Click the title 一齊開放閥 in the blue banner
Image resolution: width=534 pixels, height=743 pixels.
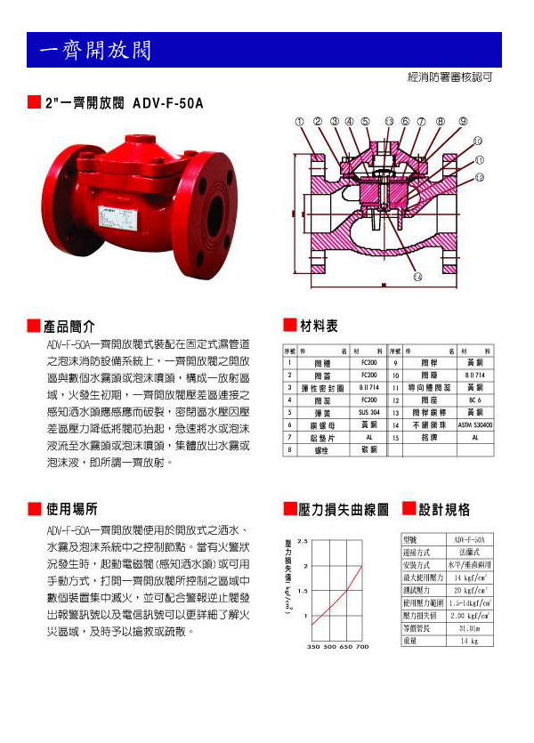click(x=93, y=51)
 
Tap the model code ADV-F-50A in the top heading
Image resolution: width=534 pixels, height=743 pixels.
click(x=167, y=103)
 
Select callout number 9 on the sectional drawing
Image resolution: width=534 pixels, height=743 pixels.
click(x=463, y=121)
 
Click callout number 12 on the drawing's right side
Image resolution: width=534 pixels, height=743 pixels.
click(x=479, y=177)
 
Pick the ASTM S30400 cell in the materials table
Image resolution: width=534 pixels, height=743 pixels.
click(x=475, y=425)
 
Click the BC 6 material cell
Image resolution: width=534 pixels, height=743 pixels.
click(x=475, y=400)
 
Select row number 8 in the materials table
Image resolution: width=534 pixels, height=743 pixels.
click(x=288, y=450)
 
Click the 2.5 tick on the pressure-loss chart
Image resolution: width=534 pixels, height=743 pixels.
click(x=303, y=541)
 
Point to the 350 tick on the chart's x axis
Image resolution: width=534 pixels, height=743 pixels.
click(x=313, y=647)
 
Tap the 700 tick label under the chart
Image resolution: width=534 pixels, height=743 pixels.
click(x=362, y=647)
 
